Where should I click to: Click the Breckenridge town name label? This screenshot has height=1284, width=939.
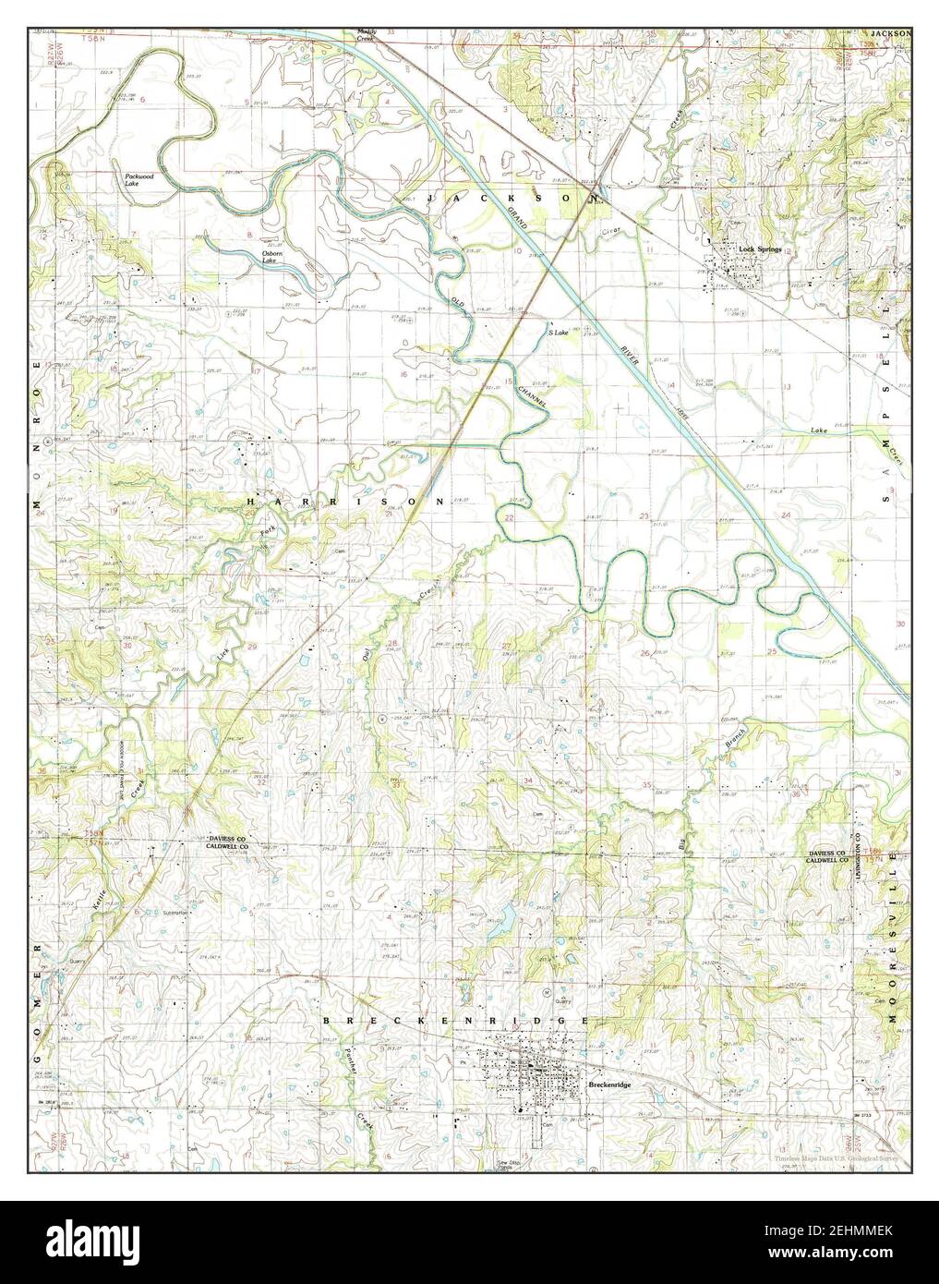click(x=608, y=1084)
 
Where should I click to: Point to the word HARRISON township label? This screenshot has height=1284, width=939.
click(x=345, y=500)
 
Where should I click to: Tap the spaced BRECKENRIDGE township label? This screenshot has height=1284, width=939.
click(x=455, y=1020)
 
